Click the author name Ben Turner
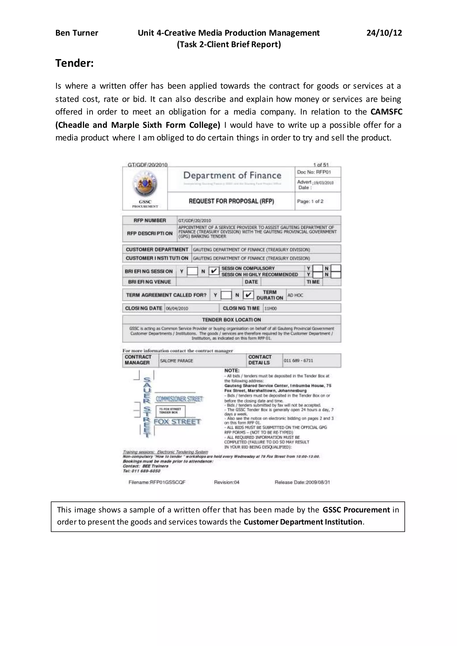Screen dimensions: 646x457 [77, 33]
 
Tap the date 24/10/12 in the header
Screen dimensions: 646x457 [384, 33]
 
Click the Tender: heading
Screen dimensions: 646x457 [74, 63]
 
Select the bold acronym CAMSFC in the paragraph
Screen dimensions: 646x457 [386, 112]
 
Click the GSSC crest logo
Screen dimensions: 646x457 [145, 184]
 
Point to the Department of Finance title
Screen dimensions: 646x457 [232, 176]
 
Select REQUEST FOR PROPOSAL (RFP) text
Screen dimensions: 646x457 [231, 201]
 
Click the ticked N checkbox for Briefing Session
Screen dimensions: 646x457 [214, 271]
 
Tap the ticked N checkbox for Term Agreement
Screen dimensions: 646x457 [248, 295]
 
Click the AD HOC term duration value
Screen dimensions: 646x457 [295, 295]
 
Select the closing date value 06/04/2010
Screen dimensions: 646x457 [177, 308]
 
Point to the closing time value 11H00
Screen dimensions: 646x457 [270, 308]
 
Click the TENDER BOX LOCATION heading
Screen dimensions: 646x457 [231, 320]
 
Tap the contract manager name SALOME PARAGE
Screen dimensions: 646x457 [177, 361]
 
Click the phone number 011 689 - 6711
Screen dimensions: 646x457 [298, 360]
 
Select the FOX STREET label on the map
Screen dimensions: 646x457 [177, 421]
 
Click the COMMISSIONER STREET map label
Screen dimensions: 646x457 [179, 399]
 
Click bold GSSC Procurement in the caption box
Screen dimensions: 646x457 [356, 510]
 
